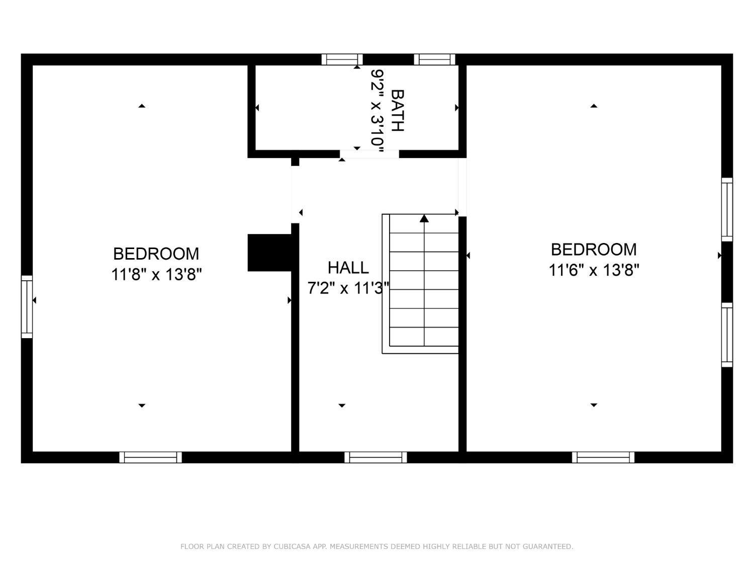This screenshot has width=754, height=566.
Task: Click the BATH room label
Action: tap(398, 111)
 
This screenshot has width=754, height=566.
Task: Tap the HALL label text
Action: tap(348, 268)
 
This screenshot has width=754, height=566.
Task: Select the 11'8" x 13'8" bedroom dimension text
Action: tap(156, 275)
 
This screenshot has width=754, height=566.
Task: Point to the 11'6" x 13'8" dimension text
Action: tap(594, 270)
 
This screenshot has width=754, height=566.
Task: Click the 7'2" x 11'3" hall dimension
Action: tap(348, 288)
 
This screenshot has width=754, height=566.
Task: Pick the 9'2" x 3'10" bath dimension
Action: tap(377, 112)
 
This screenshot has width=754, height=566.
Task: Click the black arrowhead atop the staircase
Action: tap(424, 218)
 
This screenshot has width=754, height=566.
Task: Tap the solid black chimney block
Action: tap(269, 253)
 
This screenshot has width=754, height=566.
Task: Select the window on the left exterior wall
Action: tap(27, 306)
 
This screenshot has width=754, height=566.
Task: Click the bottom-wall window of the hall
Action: tap(376, 457)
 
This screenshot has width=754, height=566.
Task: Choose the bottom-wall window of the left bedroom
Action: tap(150, 457)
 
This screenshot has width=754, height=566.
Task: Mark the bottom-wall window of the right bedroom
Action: tap(603, 457)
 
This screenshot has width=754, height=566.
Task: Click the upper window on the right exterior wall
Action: tap(727, 210)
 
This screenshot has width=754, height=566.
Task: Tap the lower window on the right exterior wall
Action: tap(727, 335)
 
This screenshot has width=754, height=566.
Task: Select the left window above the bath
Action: tap(342, 59)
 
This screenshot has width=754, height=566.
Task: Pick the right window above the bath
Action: tap(434, 59)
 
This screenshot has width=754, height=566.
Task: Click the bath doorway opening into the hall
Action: tap(369, 154)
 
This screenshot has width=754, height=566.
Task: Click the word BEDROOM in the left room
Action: tap(156, 254)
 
